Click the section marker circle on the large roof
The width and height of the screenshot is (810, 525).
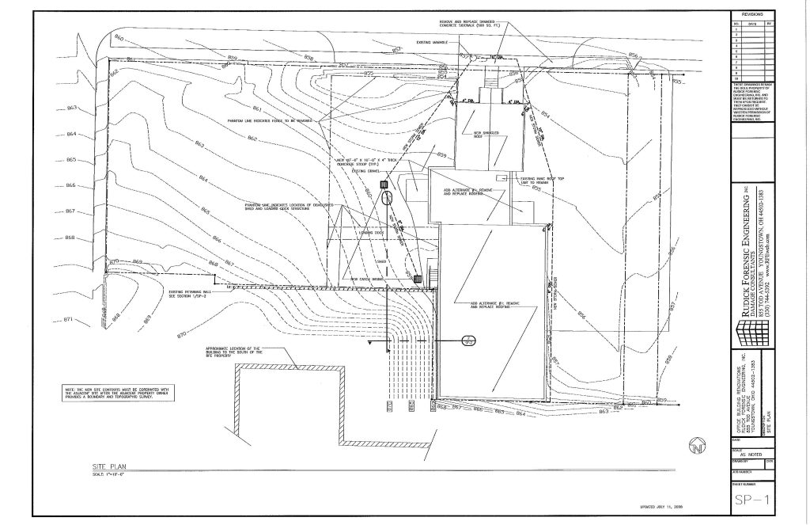click(x=467, y=341)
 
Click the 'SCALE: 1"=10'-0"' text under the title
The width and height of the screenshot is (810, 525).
click(x=109, y=475)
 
